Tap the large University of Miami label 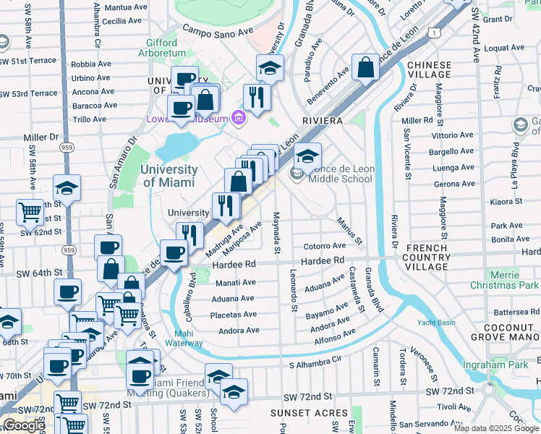coord(169,175)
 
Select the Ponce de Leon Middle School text coord(341,174)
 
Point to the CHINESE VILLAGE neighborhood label coord(429,69)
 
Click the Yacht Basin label coord(435,323)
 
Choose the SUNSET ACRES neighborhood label coord(301,413)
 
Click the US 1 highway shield coord(432,32)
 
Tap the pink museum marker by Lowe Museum coord(238,116)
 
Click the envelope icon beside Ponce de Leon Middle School coord(296,174)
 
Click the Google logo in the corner coord(24,425)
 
